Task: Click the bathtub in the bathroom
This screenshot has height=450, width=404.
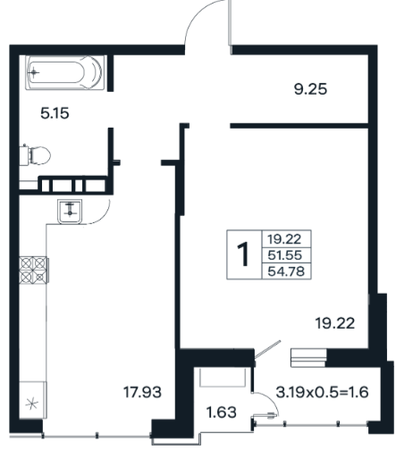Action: [x=65, y=72]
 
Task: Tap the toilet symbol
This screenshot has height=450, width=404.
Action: [x=35, y=154]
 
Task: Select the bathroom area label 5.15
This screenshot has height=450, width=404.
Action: [x=55, y=113]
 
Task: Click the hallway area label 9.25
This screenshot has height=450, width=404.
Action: [x=310, y=89]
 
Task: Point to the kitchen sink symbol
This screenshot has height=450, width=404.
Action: [x=70, y=212]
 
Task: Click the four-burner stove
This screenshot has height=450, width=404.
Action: [x=33, y=270]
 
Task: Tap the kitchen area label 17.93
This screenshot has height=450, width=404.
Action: [x=142, y=392]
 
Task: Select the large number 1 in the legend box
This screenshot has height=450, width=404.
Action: [x=244, y=254]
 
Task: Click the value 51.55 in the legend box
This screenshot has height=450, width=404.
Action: [x=285, y=255]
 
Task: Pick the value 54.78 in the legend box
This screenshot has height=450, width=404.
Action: [x=286, y=271]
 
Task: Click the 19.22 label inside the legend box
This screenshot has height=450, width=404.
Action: [x=284, y=239]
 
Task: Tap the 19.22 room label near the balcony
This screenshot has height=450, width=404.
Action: [x=335, y=323]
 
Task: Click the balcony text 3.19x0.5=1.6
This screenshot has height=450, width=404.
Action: [x=322, y=392]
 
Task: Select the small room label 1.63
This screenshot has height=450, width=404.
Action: [x=221, y=412]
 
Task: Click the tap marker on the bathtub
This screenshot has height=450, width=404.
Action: [x=34, y=72]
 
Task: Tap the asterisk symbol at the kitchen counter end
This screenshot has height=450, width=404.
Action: [x=31, y=404]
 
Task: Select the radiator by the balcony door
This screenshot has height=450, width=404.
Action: [x=308, y=358]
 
